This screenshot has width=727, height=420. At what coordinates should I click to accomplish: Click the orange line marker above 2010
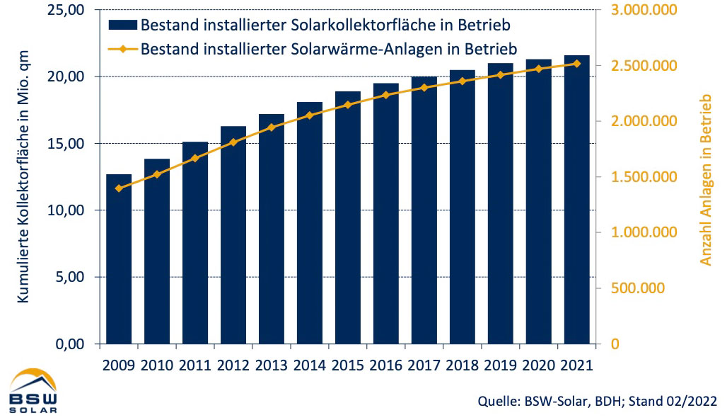(x=157, y=174)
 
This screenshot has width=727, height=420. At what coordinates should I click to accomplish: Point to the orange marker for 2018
(x=463, y=81)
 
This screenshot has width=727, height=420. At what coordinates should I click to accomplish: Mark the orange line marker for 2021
(x=576, y=63)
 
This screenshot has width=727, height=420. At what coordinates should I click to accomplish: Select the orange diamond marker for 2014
(x=310, y=115)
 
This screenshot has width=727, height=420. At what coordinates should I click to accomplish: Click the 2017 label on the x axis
(x=424, y=365)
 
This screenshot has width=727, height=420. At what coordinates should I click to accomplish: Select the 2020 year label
(x=538, y=365)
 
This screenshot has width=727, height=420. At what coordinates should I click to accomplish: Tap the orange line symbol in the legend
(x=122, y=49)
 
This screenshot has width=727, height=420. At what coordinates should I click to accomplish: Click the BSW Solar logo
(x=34, y=391)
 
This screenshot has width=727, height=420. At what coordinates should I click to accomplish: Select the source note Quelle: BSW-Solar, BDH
(x=598, y=402)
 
